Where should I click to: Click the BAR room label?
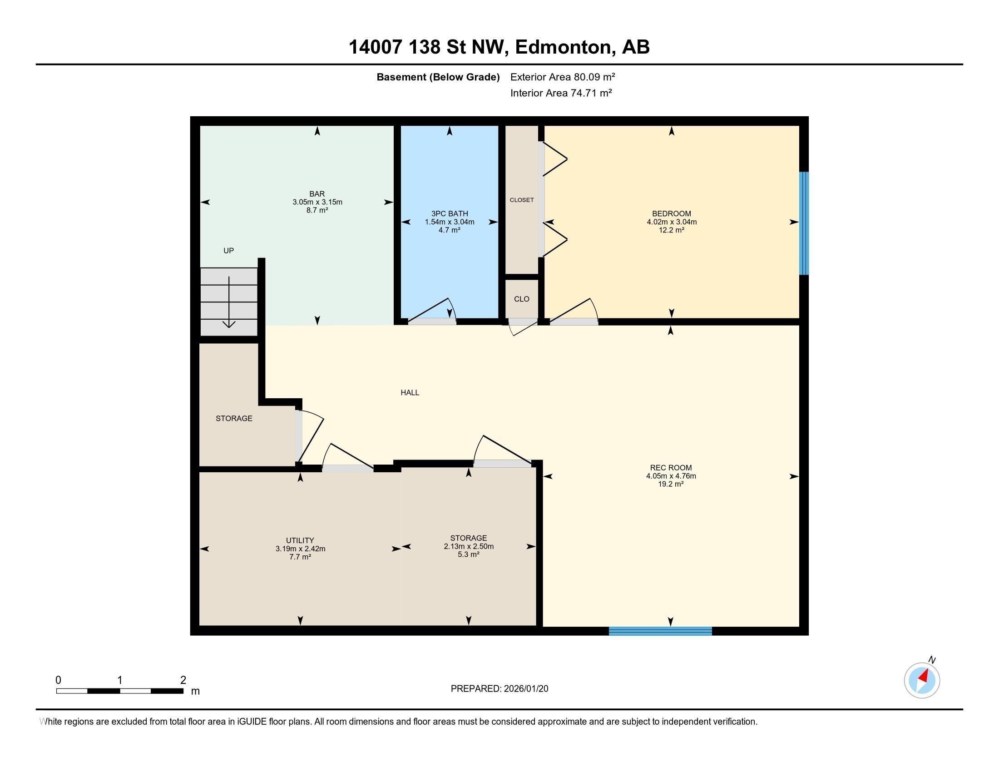(317, 194)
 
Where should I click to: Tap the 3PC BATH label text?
(449, 213)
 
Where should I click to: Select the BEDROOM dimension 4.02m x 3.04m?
(671, 222)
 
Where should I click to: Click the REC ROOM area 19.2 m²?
(671, 484)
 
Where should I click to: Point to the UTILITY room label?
(300, 540)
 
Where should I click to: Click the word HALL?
(410, 392)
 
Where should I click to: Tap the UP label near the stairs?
(228, 251)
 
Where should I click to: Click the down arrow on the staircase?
(229, 302)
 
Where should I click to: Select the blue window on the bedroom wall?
(804, 223)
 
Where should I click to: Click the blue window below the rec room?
(660, 631)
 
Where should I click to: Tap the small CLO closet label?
(521, 299)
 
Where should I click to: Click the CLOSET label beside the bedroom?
(521, 200)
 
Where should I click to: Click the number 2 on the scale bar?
(183, 680)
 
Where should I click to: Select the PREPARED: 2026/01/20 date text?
(499, 688)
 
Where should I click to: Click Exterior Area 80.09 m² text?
(562, 77)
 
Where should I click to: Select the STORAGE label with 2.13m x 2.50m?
(469, 538)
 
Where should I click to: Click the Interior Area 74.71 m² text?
(561, 93)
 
